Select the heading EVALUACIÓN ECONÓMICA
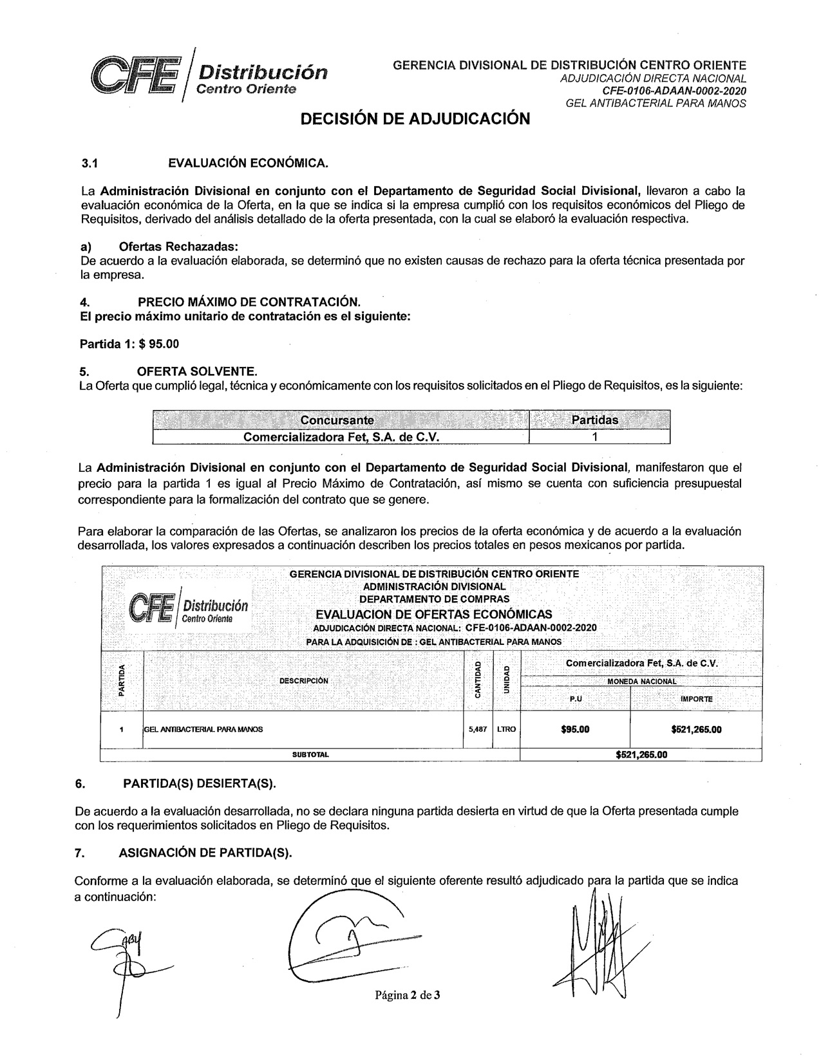pyautogui.click(x=248, y=163)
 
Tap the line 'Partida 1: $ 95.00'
pyautogui.click(x=129, y=344)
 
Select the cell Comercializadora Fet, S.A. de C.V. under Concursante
pyautogui.click(x=341, y=436)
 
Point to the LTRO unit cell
pyautogui.click(x=506, y=729)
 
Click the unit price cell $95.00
pyautogui.click(x=575, y=729)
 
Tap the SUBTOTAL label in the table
pyautogui.click(x=310, y=754)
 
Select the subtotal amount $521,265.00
pyautogui.click(x=641, y=754)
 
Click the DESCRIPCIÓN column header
pyautogui.click(x=303, y=680)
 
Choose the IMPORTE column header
pyautogui.click(x=696, y=698)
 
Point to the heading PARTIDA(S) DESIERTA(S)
pyautogui.click(x=199, y=783)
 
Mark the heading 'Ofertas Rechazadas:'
pyautogui.click(x=178, y=247)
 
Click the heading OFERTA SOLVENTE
pyautogui.click(x=197, y=371)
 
